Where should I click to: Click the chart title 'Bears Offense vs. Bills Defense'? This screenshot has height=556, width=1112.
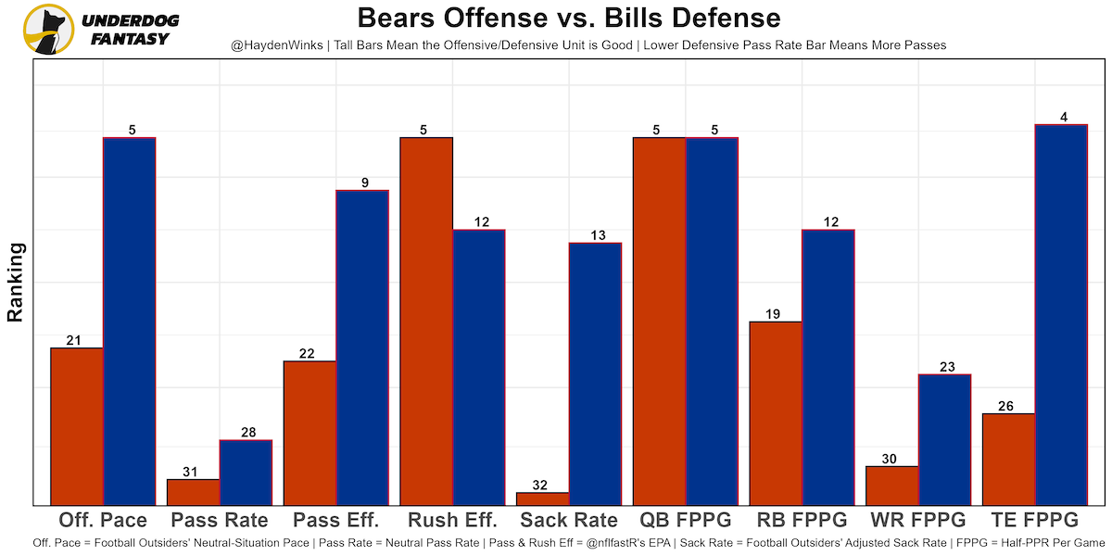(x=569, y=18)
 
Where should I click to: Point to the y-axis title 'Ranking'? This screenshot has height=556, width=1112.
(x=15, y=283)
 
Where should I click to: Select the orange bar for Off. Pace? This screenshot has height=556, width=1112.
(x=77, y=426)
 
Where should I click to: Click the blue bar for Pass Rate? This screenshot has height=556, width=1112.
(x=246, y=473)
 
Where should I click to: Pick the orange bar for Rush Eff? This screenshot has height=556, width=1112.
(x=426, y=321)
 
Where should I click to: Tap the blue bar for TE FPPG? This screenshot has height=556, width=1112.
(x=1060, y=314)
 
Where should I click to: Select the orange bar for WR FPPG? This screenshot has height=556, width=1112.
(x=892, y=486)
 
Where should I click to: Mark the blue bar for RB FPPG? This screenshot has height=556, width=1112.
(x=828, y=367)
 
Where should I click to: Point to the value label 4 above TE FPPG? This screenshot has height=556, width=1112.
(x=1064, y=117)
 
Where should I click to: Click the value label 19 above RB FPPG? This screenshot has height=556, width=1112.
(x=775, y=314)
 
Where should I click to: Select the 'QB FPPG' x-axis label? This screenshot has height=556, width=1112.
(x=685, y=519)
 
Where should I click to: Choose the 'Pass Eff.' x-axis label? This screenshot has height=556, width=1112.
(x=335, y=519)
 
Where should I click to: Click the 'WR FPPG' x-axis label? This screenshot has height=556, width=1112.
(x=917, y=519)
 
